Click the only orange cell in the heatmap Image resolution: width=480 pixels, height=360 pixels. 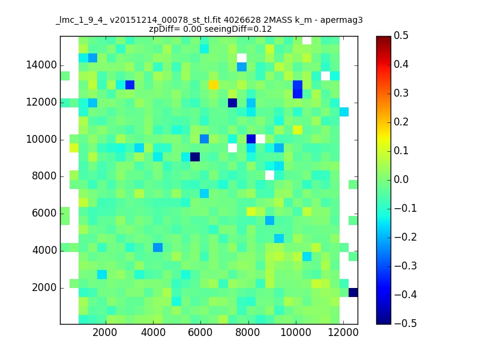pos(214,85)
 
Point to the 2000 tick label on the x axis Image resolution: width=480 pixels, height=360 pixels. pos(104,332)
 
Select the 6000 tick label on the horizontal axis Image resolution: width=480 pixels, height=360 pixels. pos(200,332)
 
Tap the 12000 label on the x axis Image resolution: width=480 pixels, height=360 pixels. pos(343,332)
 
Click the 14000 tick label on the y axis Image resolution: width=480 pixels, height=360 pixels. pos(41,65)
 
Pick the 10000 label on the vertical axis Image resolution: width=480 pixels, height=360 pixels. pos(41,139)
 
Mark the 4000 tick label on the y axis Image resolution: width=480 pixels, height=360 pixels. pos(44,250)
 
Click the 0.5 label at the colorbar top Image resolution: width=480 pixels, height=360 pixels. pos(401,35)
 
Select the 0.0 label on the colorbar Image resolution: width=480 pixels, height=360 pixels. pos(401,179)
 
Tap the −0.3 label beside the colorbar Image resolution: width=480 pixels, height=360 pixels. pos(406,266)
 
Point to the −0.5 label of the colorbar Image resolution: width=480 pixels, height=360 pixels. pos(406,323)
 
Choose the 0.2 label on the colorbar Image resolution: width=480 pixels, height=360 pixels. pos(401,122)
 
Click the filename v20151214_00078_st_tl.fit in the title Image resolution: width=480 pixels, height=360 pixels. pos(166,20)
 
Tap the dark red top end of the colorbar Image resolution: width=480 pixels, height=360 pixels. pos(383,38)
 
